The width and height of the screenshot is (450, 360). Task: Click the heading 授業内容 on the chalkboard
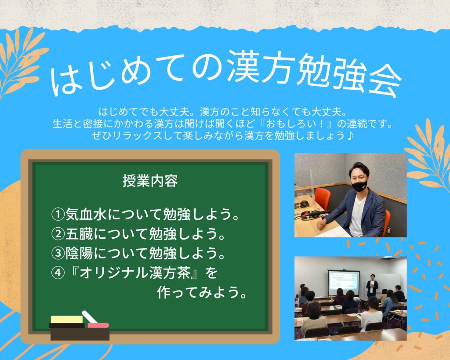pos(150,181)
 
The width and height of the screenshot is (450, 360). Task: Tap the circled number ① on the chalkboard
pos(58,214)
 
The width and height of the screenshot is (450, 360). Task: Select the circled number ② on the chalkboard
pos(58,234)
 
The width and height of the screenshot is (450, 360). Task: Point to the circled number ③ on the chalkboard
pos(58,253)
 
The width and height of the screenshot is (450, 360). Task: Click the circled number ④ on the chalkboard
pos(58,273)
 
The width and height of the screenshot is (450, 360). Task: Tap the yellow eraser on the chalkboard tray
pos(67,320)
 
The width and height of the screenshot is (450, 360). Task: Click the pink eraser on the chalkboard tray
pos(98,325)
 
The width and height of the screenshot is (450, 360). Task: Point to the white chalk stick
pos(90,316)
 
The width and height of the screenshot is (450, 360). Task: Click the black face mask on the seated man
pos(360,186)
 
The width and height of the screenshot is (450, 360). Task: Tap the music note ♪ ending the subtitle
pos(349,135)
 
